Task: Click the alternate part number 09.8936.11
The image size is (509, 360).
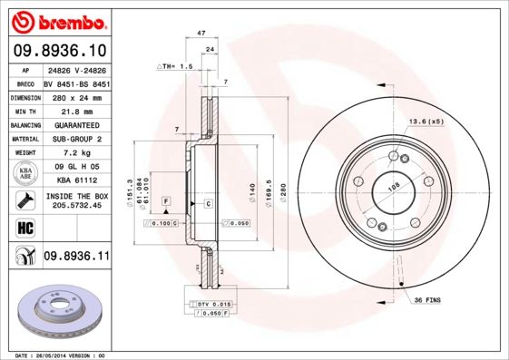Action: point(77,258)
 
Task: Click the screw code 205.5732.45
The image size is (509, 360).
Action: point(76,205)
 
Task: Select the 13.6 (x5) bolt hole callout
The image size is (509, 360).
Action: point(425,121)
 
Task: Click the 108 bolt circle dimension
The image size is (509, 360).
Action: point(394,189)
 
